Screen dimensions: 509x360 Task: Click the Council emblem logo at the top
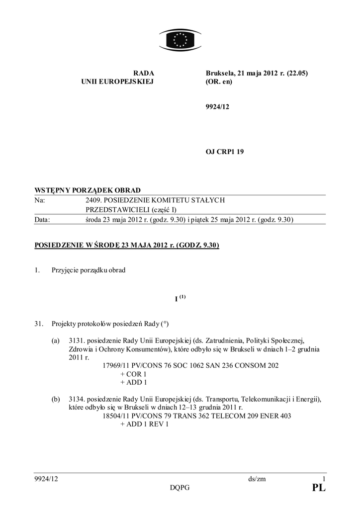[180, 39]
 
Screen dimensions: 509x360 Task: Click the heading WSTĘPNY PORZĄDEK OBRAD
[87, 190]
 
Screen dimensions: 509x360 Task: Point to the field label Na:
[39, 200]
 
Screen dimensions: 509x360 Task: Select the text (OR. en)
[219, 82]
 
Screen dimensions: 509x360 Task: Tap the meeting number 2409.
[94, 200]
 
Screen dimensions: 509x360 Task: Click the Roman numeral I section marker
[177, 300]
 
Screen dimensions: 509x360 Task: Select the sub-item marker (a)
[56, 340]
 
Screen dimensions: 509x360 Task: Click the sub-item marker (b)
[56, 399]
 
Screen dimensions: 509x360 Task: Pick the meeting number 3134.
[78, 399]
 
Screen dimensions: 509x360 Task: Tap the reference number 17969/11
[117, 365]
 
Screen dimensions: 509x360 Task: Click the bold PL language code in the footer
[319, 488]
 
